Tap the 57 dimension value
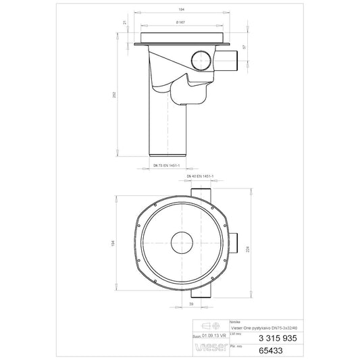click(244, 48)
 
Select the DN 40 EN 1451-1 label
click(200, 177)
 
